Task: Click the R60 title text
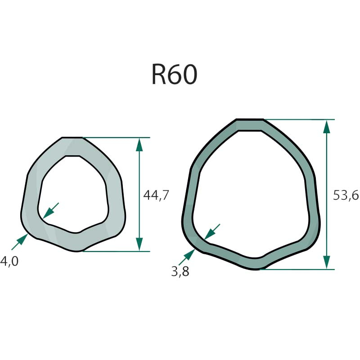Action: (175, 74)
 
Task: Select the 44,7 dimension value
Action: (156, 196)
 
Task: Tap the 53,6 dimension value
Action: (346, 196)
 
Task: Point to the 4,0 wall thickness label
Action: (9, 261)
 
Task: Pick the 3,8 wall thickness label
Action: (180, 272)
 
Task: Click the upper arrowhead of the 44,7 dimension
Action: (139, 144)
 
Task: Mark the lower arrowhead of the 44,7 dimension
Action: (139, 244)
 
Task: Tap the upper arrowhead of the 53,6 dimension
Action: (327, 126)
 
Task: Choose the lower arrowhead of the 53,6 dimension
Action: (327, 262)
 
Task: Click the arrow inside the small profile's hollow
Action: (51, 211)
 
